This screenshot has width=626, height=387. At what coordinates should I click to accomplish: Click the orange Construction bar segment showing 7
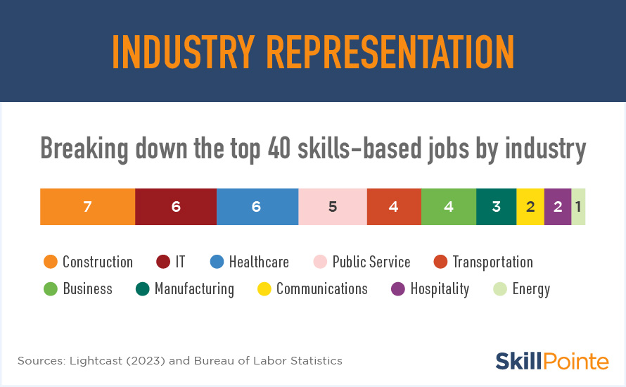pos(87,206)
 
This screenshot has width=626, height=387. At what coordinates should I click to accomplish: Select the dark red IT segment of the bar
pos(176,206)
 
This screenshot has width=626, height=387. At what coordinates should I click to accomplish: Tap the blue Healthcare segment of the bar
pos(257,206)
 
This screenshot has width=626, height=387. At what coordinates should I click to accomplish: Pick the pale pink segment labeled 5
pos(333,206)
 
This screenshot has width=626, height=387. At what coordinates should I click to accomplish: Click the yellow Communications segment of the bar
pos(530,206)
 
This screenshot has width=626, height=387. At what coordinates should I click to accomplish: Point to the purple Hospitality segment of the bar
pos(558,206)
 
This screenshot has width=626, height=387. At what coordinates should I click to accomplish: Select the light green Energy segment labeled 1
pos(578,206)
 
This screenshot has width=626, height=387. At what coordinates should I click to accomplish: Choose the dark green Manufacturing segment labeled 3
pos(497,206)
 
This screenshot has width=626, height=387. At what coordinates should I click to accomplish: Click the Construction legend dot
pos(51,262)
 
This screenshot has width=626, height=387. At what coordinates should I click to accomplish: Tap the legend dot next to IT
pos(163,262)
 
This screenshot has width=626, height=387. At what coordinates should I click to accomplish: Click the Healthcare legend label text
pos(259,262)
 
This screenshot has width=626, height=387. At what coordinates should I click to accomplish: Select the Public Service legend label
pos(371,262)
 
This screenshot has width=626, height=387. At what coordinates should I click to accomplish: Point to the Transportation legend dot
pos(440,262)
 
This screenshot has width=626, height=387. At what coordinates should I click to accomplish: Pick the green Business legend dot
pos(51,288)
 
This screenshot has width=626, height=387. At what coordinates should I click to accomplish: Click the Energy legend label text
pos(531,289)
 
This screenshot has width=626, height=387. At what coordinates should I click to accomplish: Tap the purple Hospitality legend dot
pos(398,288)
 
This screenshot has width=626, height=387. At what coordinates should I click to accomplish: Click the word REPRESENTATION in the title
pos(390,52)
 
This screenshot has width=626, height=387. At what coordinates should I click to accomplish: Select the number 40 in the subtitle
pos(279,148)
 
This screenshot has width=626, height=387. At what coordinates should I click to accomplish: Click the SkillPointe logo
pos(552,361)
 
